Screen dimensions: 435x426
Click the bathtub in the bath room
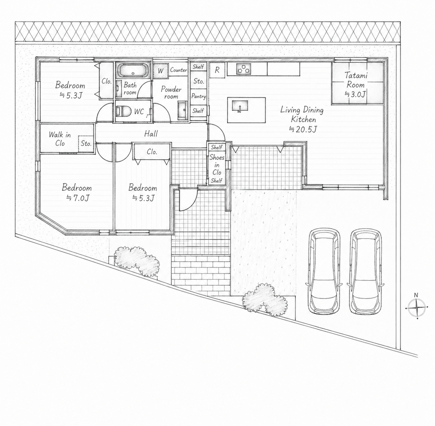(x=133, y=70)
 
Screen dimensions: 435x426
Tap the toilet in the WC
(x=124, y=111)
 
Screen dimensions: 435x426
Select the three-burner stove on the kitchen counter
(x=243, y=69)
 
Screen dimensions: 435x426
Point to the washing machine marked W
(x=160, y=71)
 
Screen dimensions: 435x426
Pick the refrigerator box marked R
(x=217, y=70)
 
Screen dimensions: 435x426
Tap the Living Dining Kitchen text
(x=302, y=114)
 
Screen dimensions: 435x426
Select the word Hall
(x=151, y=134)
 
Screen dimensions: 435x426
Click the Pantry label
(x=199, y=96)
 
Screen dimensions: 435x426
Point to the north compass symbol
(x=417, y=308)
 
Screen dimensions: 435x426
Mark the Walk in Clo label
(x=60, y=139)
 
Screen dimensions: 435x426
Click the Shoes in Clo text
(x=217, y=165)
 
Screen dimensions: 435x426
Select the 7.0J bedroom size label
(x=78, y=198)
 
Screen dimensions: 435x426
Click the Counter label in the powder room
(x=179, y=70)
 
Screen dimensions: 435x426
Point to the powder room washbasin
(x=182, y=111)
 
